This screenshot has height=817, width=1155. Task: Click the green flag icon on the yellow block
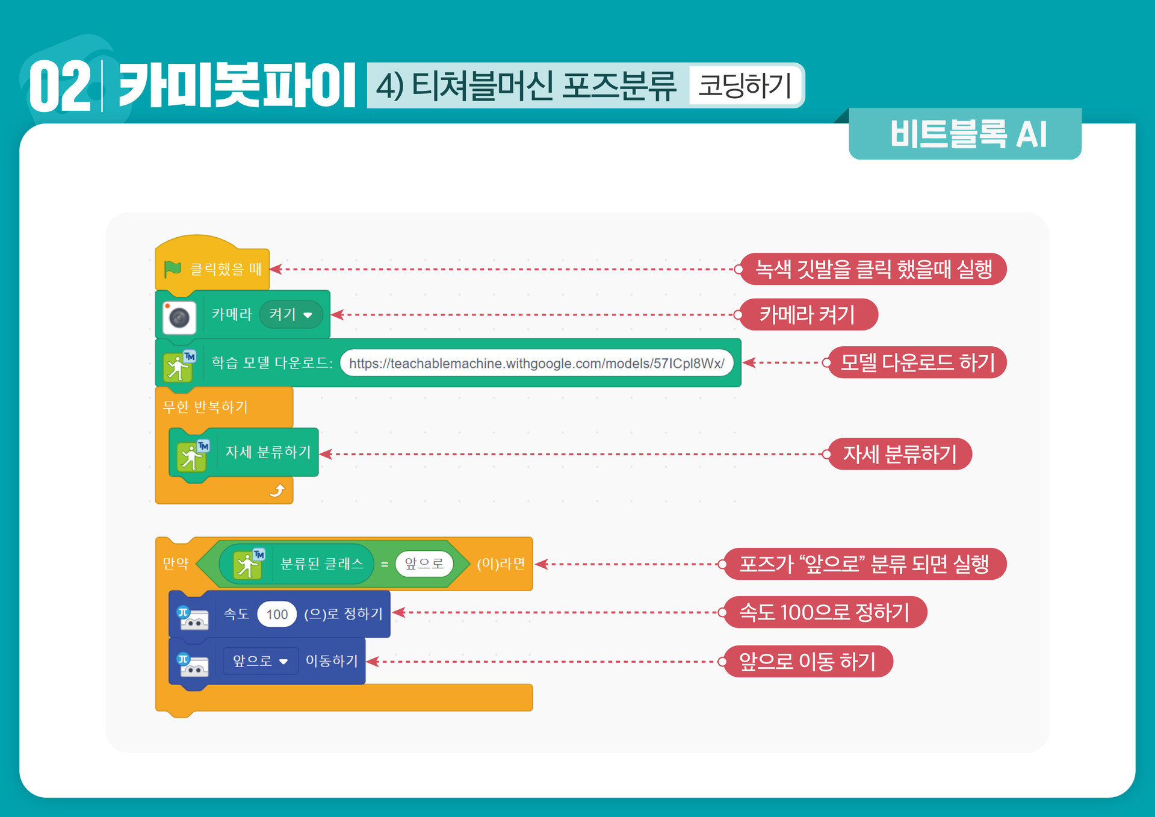[173, 269]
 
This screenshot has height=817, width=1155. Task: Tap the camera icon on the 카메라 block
[179, 317]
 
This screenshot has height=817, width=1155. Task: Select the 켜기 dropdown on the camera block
[291, 314]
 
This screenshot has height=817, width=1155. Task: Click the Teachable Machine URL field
[536, 363]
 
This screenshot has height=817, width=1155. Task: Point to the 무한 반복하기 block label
[205, 407]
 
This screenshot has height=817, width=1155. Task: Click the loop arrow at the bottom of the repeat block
[277, 491]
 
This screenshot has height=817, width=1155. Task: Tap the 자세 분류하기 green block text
[268, 452]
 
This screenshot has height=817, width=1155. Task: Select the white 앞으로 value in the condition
[424, 564]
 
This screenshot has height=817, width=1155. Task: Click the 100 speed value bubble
[277, 614]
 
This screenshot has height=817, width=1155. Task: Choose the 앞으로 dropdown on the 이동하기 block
[260, 661]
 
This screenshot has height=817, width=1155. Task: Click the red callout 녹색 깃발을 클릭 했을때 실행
[873, 269]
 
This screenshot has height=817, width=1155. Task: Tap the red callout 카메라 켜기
[808, 314]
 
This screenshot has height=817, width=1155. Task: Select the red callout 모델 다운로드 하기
[917, 362]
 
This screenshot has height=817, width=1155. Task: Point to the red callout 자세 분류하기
[899, 454]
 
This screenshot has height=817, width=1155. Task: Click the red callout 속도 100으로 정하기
[824, 612]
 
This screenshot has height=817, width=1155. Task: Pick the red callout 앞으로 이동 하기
[807, 662]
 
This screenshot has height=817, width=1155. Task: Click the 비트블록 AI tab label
[968, 134]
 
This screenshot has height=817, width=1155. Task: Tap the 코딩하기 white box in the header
[745, 85]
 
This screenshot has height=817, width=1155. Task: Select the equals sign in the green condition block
[385, 564]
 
